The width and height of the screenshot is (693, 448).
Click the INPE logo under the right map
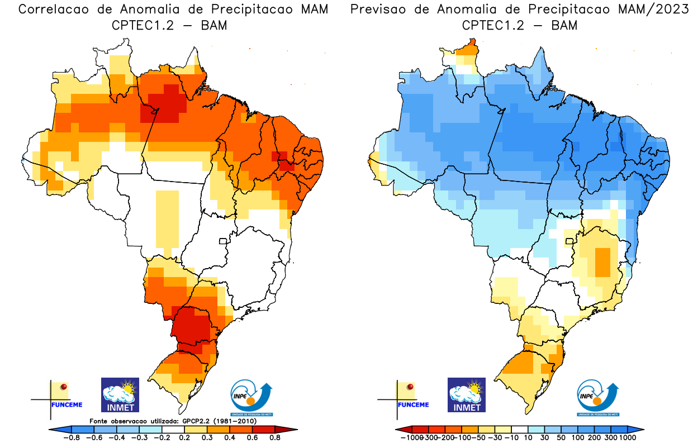point(598,397)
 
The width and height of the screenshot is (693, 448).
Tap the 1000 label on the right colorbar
point(628,438)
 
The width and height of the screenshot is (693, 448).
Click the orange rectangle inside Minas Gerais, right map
point(602,262)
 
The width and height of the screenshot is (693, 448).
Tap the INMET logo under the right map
point(467,394)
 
